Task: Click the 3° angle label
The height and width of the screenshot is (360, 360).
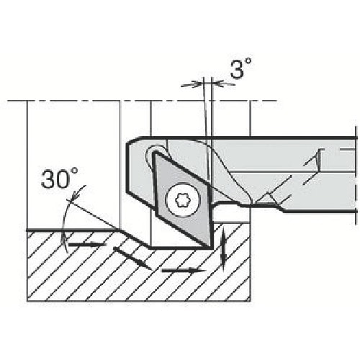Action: [x=242, y=71]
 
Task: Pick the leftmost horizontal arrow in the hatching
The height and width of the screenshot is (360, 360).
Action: [x=86, y=246]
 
